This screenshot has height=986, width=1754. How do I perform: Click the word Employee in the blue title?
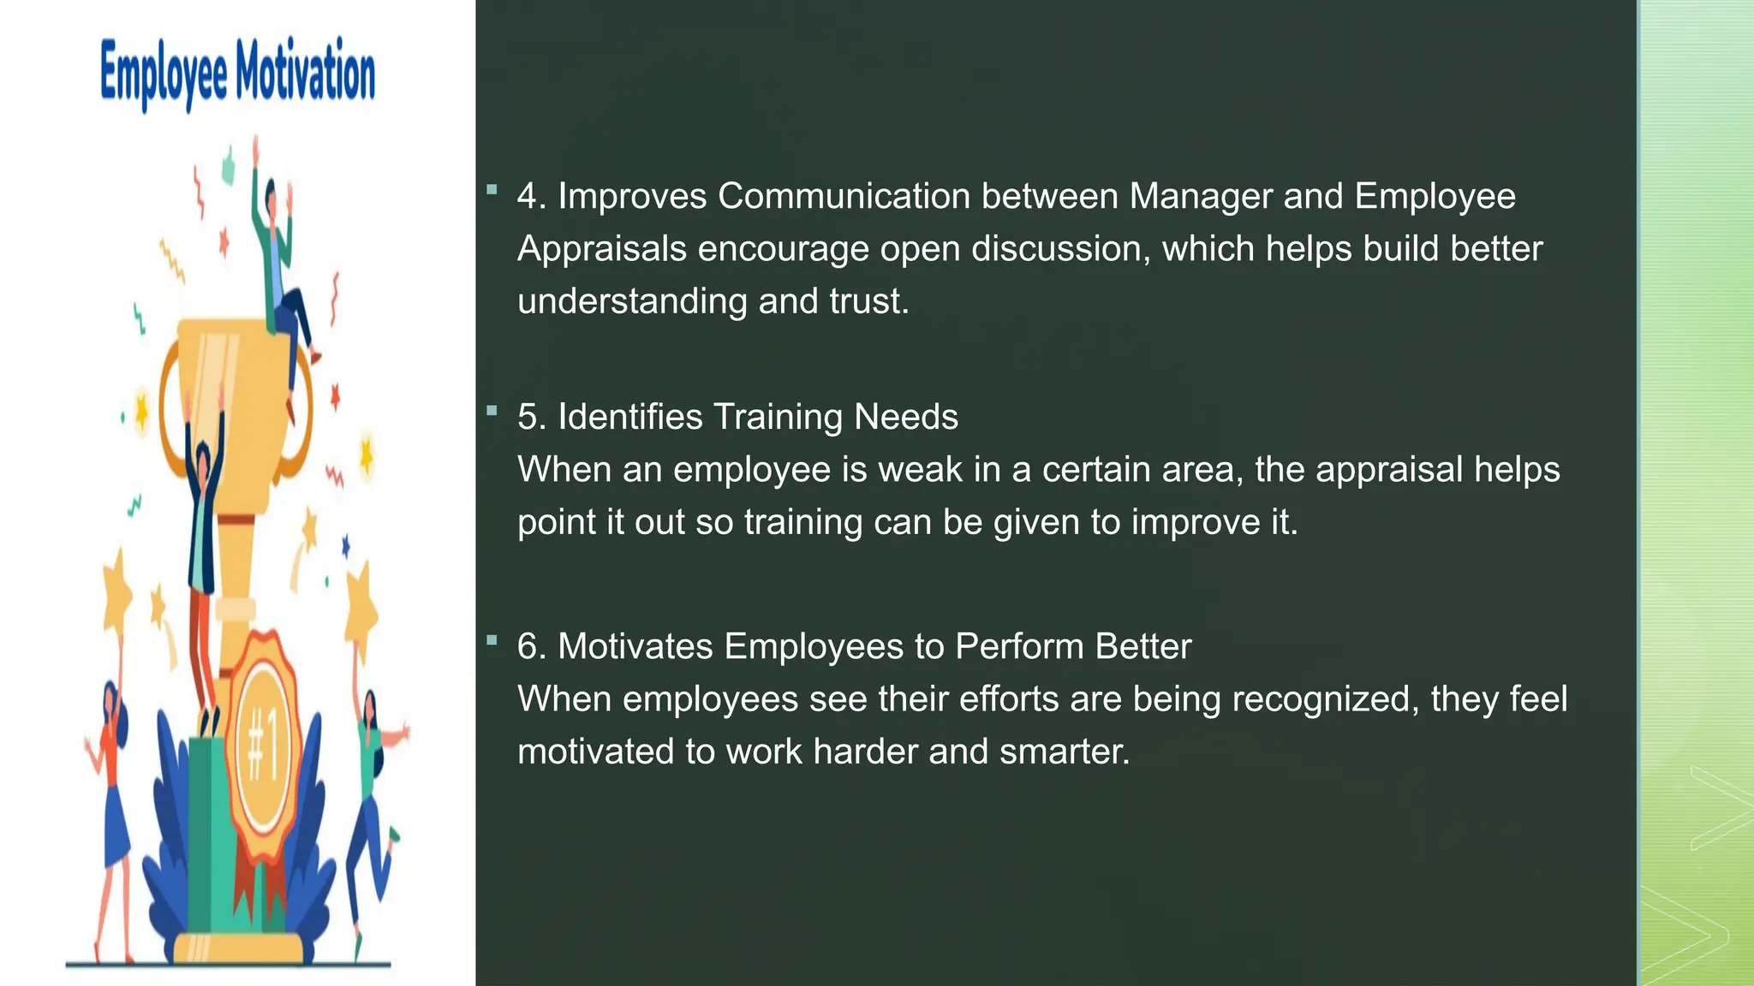pyautogui.click(x=164, y=74)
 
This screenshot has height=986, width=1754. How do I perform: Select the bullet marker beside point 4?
pyautogui.click(x=492, y=190)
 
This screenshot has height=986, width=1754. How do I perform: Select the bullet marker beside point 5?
pyautogui.click(x=492, y=411)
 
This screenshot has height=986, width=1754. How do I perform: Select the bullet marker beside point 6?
pyautogui.click(x=492, y=640)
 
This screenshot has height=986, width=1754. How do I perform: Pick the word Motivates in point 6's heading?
pyautogui.click(x=635, y=646)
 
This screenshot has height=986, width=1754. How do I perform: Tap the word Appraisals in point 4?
pyautogui.click(x=602, y=249)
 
